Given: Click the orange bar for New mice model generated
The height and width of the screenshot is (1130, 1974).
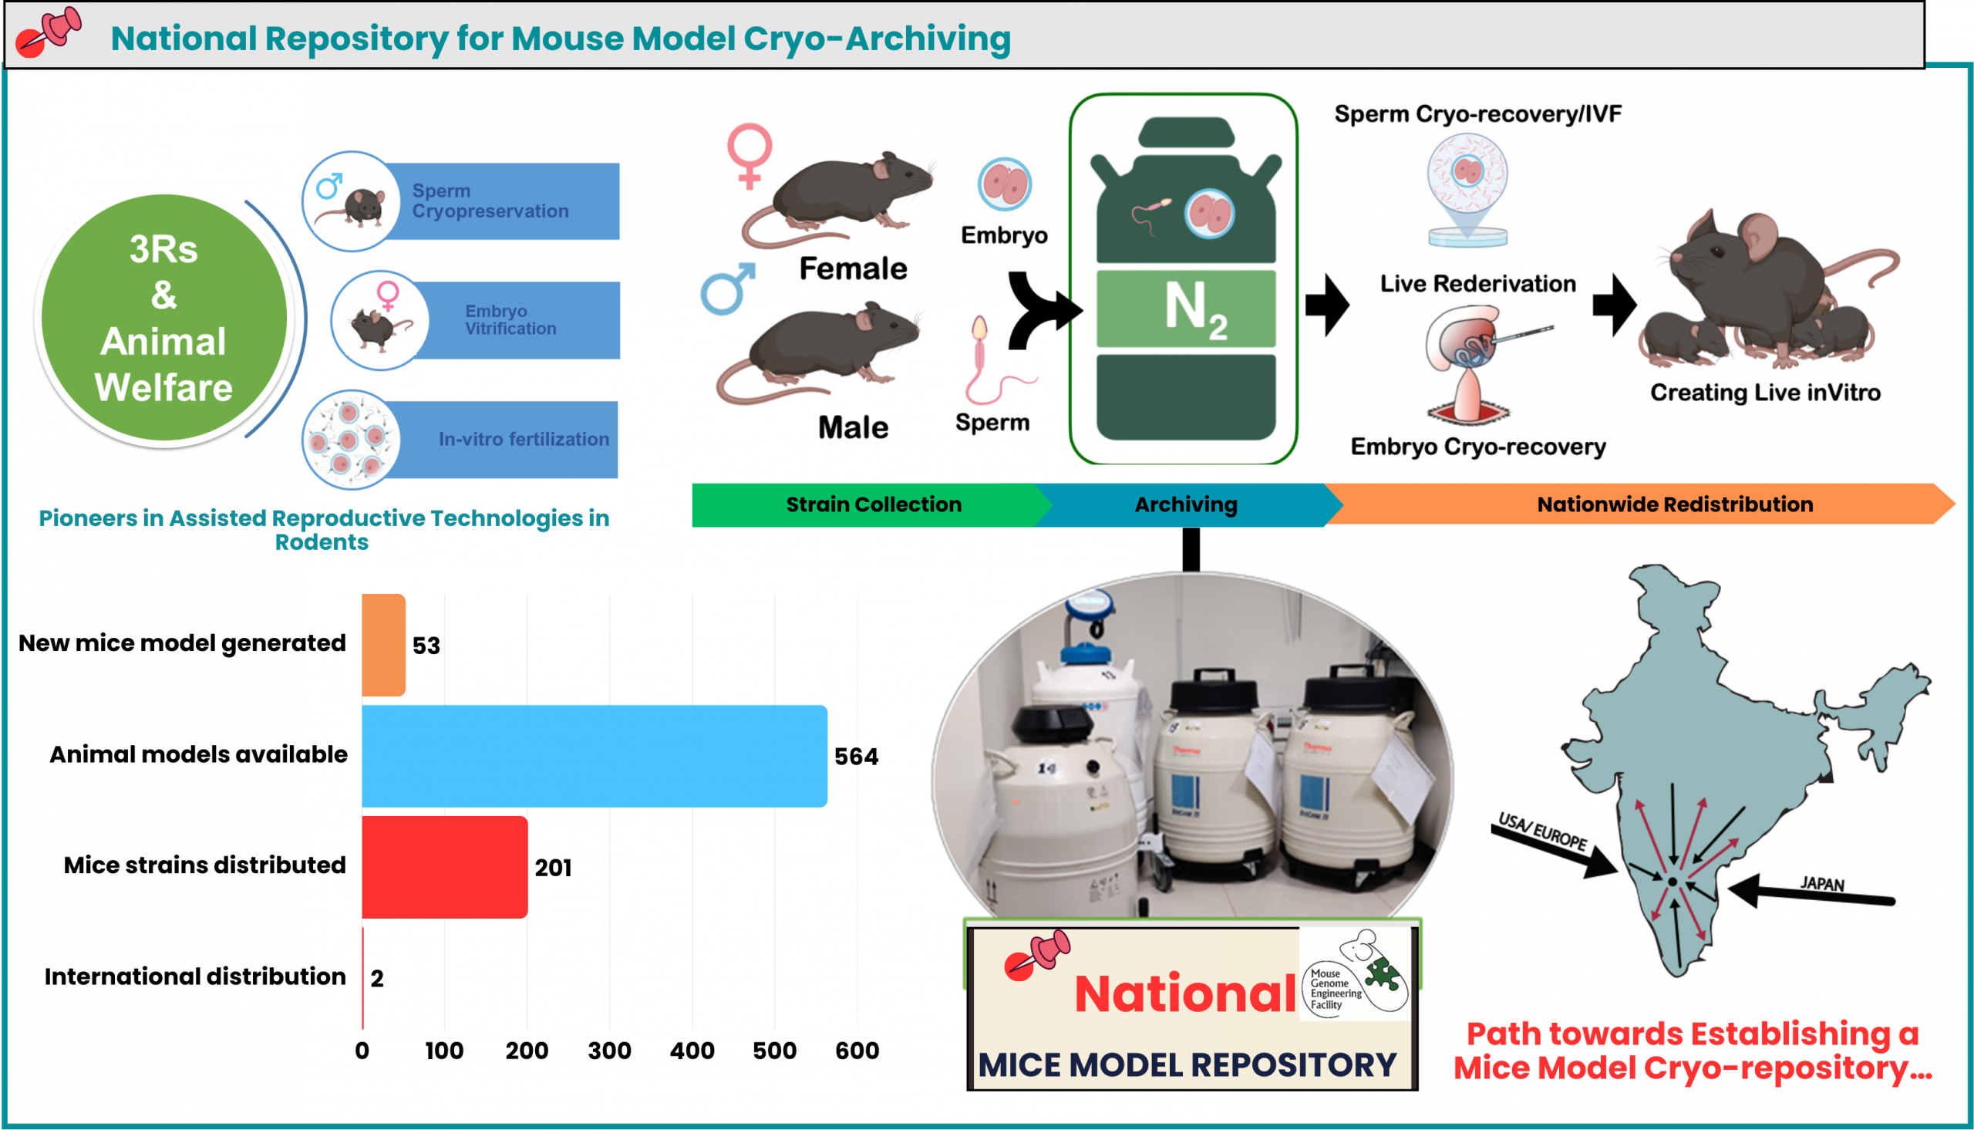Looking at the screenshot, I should pos(383,645).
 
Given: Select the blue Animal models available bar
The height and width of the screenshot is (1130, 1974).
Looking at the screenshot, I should pos(595,756).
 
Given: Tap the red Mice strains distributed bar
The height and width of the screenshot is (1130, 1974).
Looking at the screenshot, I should pos(444,867).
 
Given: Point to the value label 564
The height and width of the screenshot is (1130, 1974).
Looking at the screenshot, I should pos(857,757).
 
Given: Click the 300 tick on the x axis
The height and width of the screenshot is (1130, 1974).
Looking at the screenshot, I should pos(610,1051).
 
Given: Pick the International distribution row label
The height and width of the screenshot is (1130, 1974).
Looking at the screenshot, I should pos(194,977).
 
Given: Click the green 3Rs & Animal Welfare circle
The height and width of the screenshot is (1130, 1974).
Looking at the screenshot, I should pos(163,319).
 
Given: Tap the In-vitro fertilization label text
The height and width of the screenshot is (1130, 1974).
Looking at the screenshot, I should pos(524,439).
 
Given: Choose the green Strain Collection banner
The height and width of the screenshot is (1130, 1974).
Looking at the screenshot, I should pos(874,504).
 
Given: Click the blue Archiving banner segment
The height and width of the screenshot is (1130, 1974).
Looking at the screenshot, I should pos(1186,504).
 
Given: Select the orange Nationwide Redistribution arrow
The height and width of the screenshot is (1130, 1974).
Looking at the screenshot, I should pos(1676,504).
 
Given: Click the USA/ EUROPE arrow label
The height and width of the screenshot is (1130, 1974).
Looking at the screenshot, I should pos(1543,831).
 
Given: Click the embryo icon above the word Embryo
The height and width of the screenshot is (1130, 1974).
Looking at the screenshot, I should pos(1005,184).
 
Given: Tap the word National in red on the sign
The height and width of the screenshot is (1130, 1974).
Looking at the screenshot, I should pos(1184,994).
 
